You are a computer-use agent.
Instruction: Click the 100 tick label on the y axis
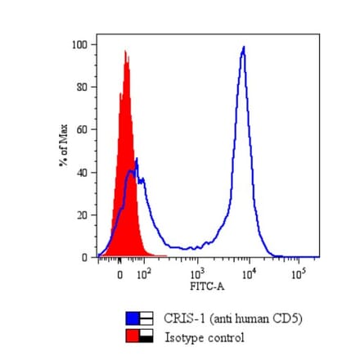(79, 44)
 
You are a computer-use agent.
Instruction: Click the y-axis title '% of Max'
(62, 145)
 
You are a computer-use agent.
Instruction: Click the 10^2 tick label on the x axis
(143, 275)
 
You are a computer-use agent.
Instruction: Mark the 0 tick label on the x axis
(119, 276)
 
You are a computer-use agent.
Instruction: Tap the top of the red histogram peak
(125, 52)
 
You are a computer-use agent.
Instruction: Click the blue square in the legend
(133, 318)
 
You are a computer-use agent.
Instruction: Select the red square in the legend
(133, 336)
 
